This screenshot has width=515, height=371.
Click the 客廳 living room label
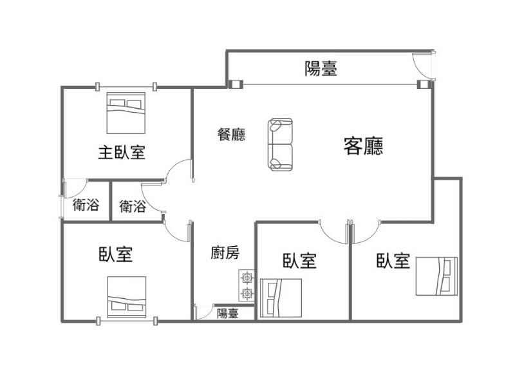[x=363, y=146]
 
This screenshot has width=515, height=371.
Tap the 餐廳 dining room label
[x=231, y=134]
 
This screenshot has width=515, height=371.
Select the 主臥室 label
[x=122, y=153]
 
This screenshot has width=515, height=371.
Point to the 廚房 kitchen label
[x=225, y=252]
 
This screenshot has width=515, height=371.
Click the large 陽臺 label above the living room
[x=321, y=68]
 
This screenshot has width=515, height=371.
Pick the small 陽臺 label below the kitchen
[x=228, y=313]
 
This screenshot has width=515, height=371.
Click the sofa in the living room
[x=280, y=144]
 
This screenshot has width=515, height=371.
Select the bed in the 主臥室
[x=126, y=113]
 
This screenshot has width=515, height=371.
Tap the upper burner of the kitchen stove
[x=247, y=278]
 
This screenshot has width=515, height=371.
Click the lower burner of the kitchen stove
[x=247, y=292]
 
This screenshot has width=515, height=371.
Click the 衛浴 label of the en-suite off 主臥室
[x=86, y=205]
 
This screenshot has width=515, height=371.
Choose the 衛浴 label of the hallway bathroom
[x=133, y=206]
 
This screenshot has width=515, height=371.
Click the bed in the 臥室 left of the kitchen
[x=127, y=297]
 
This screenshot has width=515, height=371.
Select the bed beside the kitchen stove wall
[x=281, y=298]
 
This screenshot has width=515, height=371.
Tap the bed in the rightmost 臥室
[x=436, y=276]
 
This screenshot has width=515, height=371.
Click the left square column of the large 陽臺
[x=235, y=84]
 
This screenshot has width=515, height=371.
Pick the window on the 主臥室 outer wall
[x=126, y=87]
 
